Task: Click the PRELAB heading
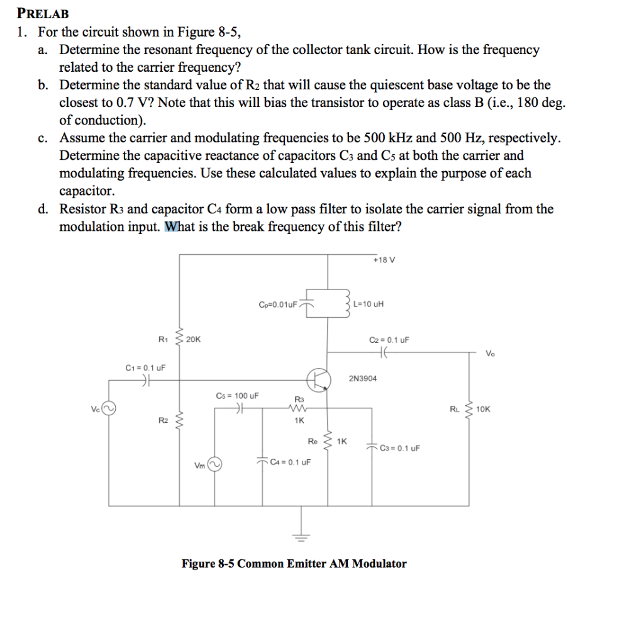tap(43, 13)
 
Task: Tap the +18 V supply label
tap(383, 260)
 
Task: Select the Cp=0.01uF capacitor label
tap(277, 305)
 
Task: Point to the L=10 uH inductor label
tap(368, 305)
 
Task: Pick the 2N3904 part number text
tap(363, 379)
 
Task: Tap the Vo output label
tap(490, 353)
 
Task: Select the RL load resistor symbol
tap(467, 409)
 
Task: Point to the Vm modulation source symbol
tap(215, 466)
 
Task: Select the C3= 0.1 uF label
tap(400, 448)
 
